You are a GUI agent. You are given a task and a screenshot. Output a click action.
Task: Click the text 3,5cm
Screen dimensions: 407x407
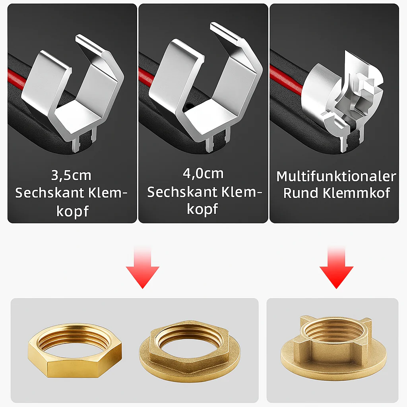[x=71, y=175]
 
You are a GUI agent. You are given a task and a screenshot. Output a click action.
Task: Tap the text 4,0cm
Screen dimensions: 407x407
[x=203, y=173]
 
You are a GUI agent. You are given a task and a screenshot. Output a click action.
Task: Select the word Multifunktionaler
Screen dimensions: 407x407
[x=336, y=176]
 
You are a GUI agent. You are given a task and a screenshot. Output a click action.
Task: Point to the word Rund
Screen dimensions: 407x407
[x=300, y=193]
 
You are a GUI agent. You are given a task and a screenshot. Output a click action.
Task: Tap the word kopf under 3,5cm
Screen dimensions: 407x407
[x=72, y=211]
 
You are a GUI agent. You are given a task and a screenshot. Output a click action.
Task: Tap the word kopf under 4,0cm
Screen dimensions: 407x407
[x=202, y=209]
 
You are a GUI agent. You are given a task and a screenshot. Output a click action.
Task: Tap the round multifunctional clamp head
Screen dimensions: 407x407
[x=343, y=101]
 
